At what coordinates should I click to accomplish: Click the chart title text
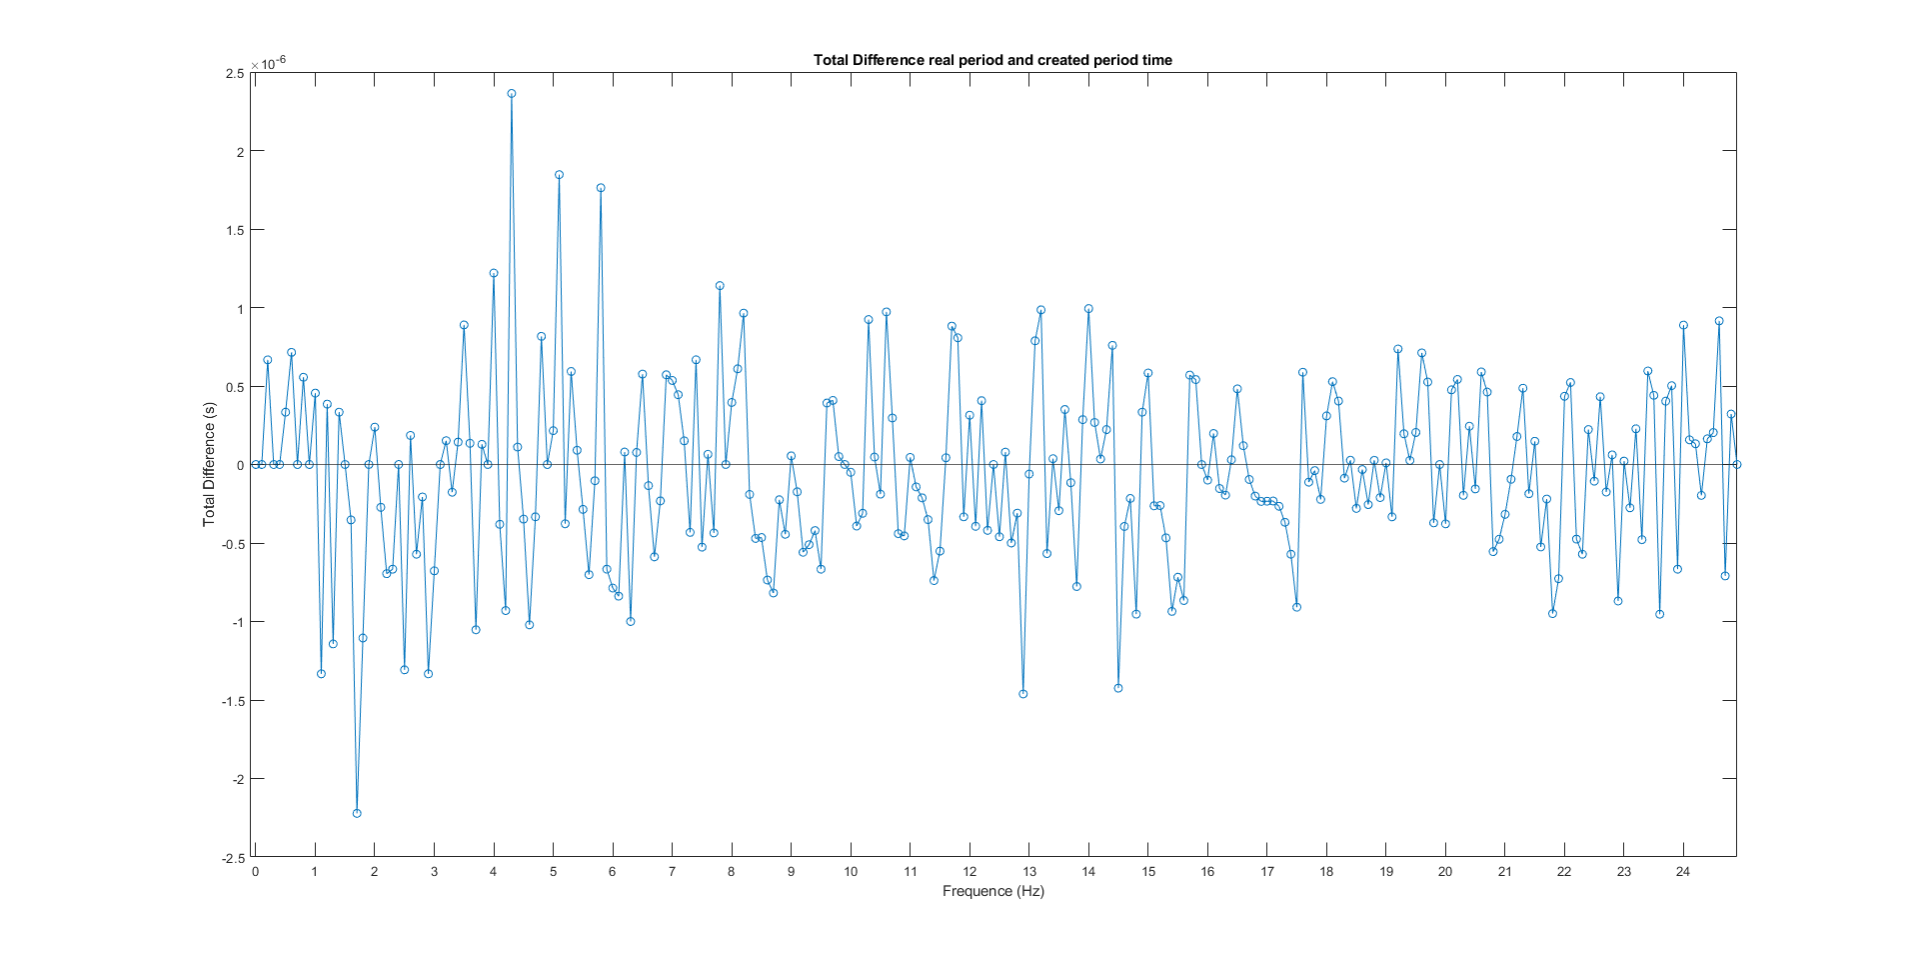click(992, 60)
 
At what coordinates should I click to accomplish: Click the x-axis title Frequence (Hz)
click(992, 891)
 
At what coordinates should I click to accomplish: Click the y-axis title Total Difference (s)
click(209, 464)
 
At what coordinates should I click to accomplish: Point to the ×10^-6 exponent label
click(268, 63)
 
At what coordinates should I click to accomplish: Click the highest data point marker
click(512, 93)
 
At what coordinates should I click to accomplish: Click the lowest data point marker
click(357, 813)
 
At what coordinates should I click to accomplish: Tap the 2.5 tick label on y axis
click(235, 73)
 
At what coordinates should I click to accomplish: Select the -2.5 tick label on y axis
click(232, 858)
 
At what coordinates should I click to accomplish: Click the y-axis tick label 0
click(240, 465)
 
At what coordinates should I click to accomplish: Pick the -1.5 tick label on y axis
click(232, 701)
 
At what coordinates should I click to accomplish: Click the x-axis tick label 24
click(1683, 872)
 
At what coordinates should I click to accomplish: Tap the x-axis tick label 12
click(969, 872)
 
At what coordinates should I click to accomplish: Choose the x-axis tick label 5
click(553, 872)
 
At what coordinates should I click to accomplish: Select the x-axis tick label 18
click(1326, 872)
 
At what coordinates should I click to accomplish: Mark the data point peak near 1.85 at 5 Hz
click(559, 175)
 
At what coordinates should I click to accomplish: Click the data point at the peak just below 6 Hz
click(601, 188)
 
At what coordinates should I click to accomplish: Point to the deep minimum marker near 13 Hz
click(1022, 694)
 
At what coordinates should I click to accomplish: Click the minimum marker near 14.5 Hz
click(1118, 688)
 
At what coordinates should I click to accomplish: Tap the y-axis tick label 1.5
click(235, 230)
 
